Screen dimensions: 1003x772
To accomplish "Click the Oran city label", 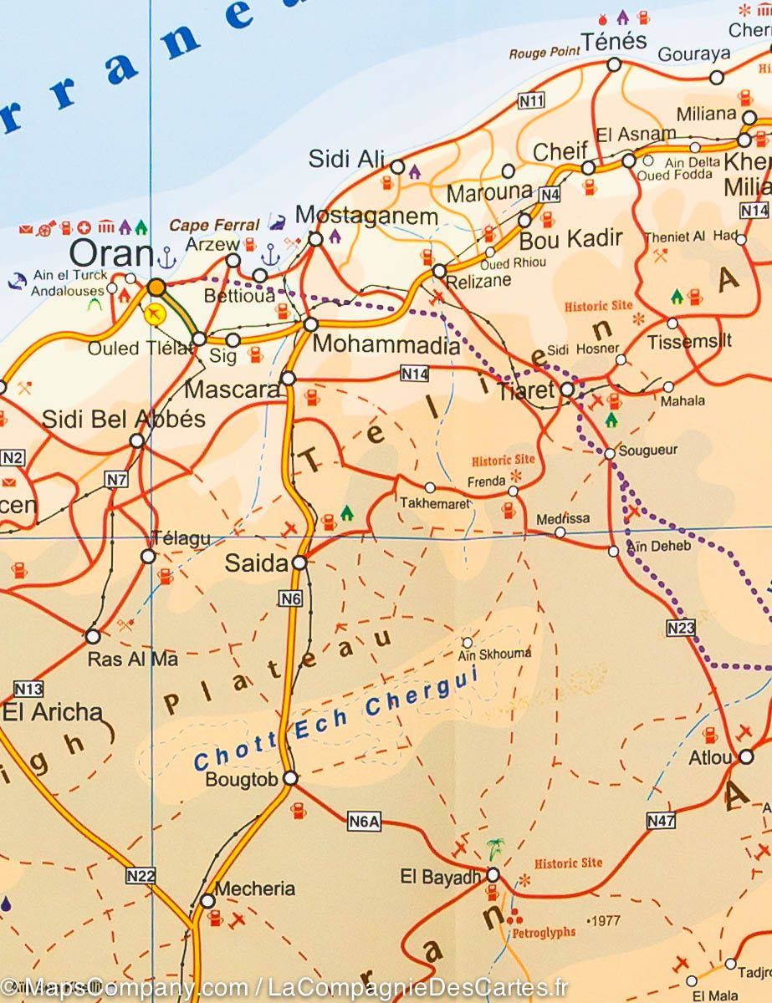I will pyautogui.click(x=110, y=252).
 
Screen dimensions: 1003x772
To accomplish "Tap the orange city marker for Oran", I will pyautogui.click(x=156, y=288).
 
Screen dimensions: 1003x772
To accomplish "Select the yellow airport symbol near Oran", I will pyautogui.click(x=154, y=314).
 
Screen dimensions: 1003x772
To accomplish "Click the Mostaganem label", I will pyautogui.click(x=367, y=216).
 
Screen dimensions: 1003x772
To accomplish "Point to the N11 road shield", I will pyautogui.click(x=531, y=101).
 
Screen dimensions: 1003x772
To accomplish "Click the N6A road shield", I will pyautogui.click(x=364, y=822).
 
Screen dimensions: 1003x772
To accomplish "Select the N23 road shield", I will pyautogui.click(x=682, y=628).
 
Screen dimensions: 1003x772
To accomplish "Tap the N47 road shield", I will pyautogui.click(x=661, y=822).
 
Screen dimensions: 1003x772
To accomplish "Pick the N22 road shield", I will pyautogui.click(x=141, y=875).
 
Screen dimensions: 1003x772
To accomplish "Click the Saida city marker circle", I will pyautogui.click(x=299, y=563).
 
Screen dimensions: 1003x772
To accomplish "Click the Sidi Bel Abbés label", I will pyautogui.click(x=124, y=419).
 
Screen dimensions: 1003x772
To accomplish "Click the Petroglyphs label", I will pyautogui.click(x=544, y=932).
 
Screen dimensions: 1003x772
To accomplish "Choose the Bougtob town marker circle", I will pyautogui.click(x=290, y=778).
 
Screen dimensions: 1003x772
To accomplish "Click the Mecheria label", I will pyautogui.click(x=255, y=888).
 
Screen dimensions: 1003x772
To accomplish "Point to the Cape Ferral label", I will pyautogui.click(x=214, y=225).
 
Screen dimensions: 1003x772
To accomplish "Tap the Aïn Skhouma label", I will pyautogui.click(x=496, y=654).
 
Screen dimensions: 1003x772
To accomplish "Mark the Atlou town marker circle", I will pyautogui.click(x=745, y=756).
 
